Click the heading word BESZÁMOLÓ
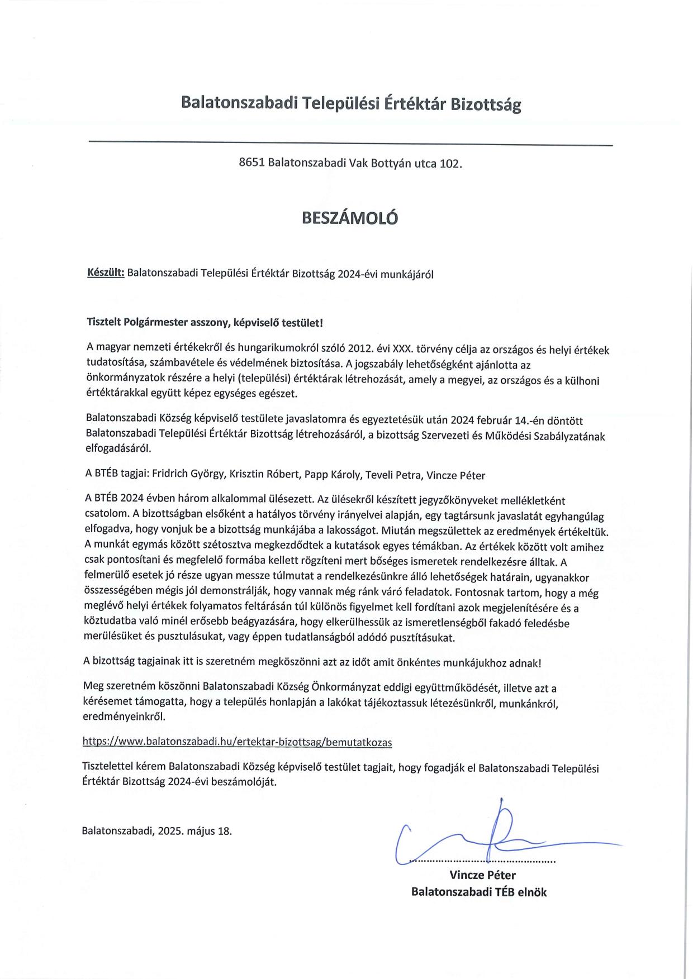click(x=350, y=218)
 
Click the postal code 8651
click(x=251, y=163)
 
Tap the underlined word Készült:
click(x=106, y=274)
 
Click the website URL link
click(x=237, y=742)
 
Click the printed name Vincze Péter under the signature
click(x=482, y=875)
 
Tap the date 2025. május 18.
click(x=194, y=830)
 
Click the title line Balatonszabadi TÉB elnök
click(x=478, y=892)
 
